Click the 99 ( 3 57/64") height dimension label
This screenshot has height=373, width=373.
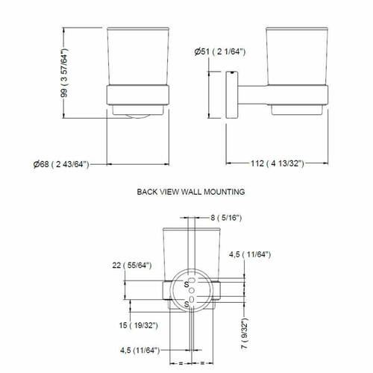tap(64, 73)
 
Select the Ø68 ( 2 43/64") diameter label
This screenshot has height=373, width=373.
tap(61, 164)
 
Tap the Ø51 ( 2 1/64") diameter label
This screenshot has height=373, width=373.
tap(220, 51)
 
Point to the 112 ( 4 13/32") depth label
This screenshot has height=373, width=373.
tap(278, 163)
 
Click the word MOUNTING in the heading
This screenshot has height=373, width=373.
tap(225, 192)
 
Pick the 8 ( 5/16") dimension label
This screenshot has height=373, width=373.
tap(226, 218)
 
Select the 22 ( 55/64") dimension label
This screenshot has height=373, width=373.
tap(132, 266)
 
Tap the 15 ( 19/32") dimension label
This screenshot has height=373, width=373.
tap(138, 325)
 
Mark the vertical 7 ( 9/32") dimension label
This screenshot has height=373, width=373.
tap(245, 333)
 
